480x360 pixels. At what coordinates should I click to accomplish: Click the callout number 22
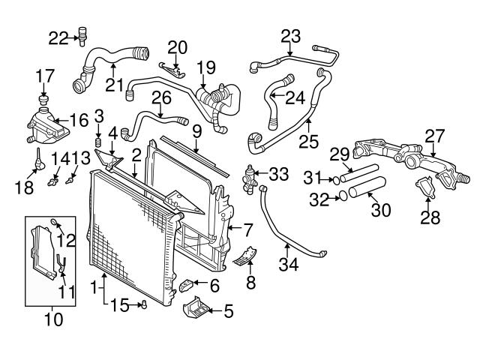[58, 36]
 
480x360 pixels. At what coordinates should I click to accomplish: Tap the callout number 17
[44, 75]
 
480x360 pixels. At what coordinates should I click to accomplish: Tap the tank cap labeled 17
[43, 100]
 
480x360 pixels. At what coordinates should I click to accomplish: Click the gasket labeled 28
[425, 187]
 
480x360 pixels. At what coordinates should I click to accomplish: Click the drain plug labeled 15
[142, 304]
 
